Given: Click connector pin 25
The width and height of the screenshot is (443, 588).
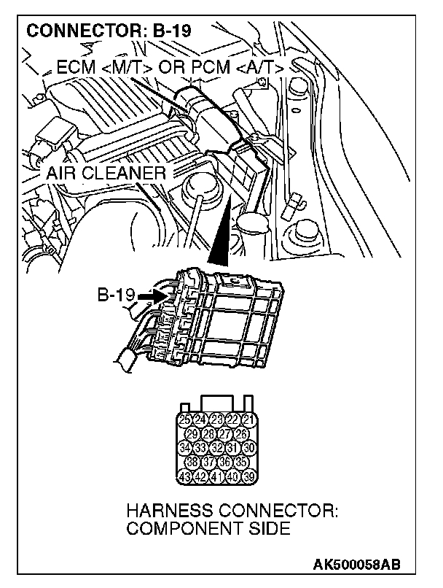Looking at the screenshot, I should [x=184, y=419].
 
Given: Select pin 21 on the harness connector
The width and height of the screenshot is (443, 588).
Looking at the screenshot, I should [x=248, y=419].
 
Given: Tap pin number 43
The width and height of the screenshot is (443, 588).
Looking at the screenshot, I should [x=184, y=478].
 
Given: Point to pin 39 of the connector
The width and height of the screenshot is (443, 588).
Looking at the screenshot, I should [x=248, y=478].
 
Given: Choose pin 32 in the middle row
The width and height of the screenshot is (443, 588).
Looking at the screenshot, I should [x=216, y=448].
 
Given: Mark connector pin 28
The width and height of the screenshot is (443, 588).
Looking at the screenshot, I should [x=208, y=434].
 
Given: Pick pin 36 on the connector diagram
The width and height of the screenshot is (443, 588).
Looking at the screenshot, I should [x=224, y=463].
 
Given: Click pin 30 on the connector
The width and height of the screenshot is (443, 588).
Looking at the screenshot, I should [x=248, y=448].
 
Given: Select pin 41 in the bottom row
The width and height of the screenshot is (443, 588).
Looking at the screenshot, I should [x=216, y=478].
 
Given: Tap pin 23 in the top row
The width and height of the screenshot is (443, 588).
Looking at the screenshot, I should [x=216, y=419].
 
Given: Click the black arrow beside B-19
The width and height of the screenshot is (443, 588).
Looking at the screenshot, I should [x=149, y=296].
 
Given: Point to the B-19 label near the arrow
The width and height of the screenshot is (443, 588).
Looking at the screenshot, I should [x=116, y=295].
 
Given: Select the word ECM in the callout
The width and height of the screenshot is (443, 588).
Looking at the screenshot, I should [x=73, y=69].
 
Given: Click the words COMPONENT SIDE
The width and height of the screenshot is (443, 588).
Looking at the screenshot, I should [x=208, y=529].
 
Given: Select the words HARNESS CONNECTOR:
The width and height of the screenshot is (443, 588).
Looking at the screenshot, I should [x=232, y=510].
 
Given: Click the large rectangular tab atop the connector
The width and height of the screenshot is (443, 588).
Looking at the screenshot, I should [x=216, y=403].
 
